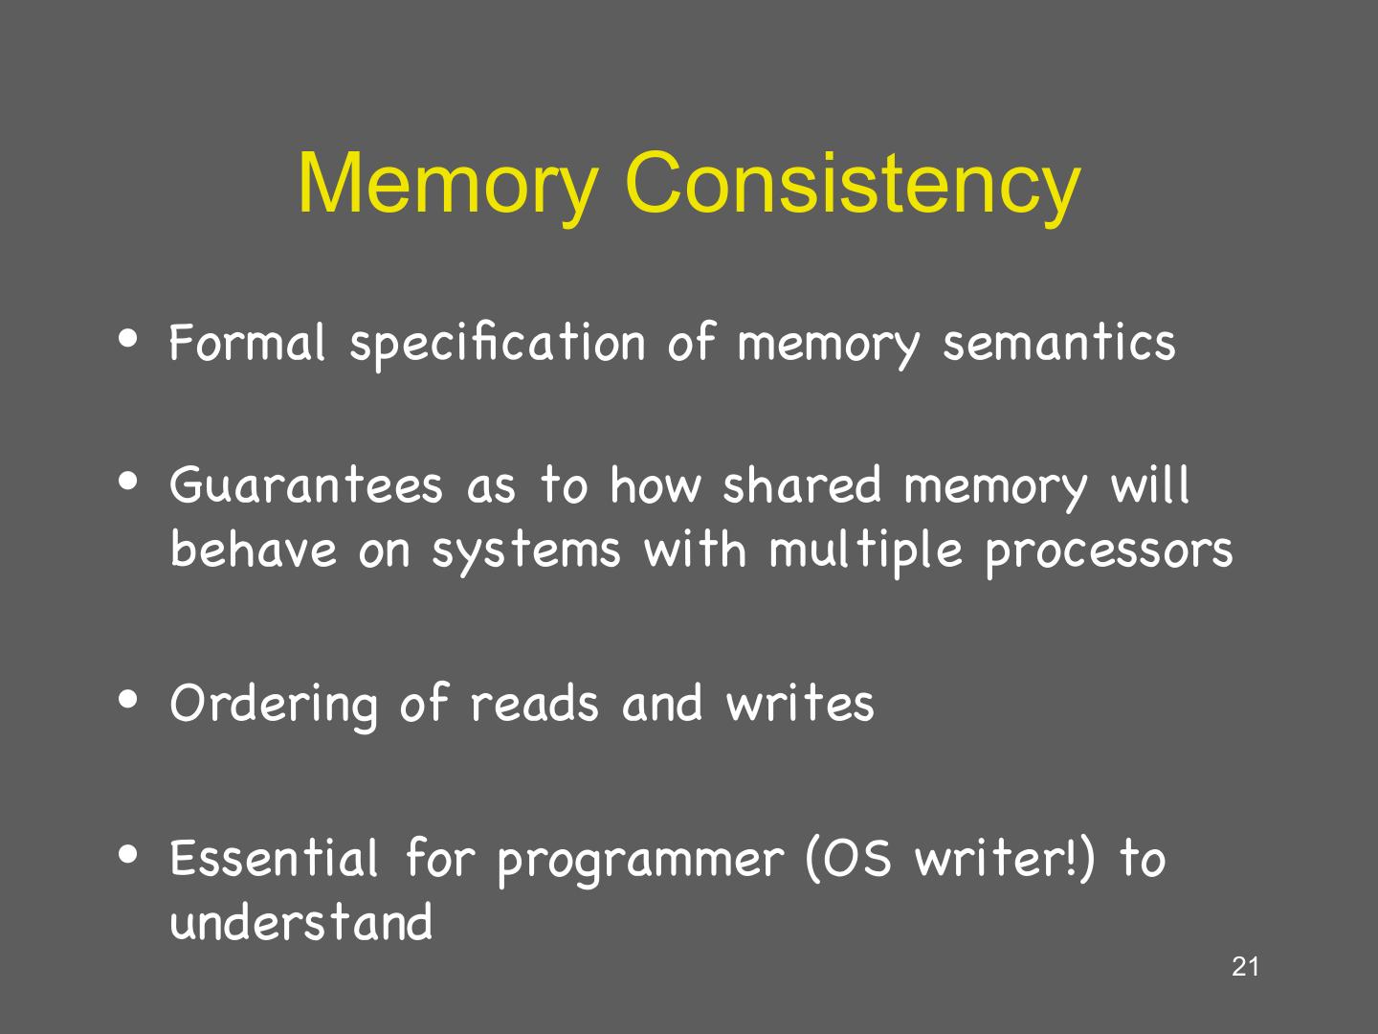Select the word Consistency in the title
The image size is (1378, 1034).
[x=853, y=184]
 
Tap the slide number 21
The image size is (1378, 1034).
[x=1245, y=967]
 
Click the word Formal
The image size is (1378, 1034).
[x=248, y=342]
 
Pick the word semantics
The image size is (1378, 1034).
[x=1058, y=343]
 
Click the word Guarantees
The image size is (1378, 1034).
[x=306, y=484]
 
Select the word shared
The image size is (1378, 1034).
[x=801, y=484]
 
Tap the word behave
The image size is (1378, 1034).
[x=254, y=549]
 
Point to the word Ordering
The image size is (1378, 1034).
[x=274, y=704]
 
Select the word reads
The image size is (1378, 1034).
[x=534, y=702]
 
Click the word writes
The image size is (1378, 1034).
[x=800, y=702]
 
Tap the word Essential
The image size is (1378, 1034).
[x=275, y=857]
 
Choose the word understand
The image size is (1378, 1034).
[x=301, y=922]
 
